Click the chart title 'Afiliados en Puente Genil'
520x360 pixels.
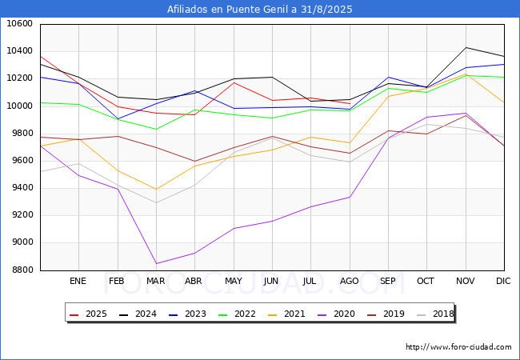click(260, 10)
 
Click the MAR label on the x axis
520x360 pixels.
click(155, 282)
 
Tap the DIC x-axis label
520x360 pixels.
click(503, 282)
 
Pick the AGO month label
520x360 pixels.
click(349, 282)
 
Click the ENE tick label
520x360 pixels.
click(78, 282)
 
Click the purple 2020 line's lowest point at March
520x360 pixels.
click(155, 263)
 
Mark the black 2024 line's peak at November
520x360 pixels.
click(466, 48)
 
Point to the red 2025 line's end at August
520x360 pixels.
click(350, 103)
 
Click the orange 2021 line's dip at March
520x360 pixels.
click(155, 190)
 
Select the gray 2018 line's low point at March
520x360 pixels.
click(155, 202)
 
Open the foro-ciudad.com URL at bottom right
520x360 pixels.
click(458, 347)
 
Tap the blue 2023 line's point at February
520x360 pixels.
click(117, 119)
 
